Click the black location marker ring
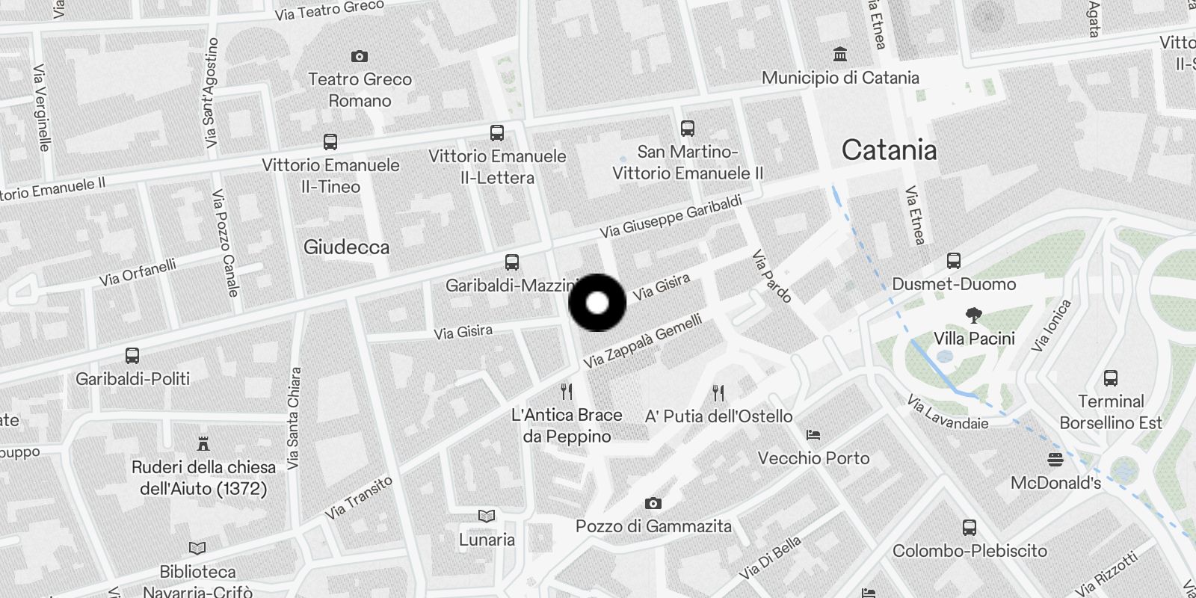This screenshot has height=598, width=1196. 597,303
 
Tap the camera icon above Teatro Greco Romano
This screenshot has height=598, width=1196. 360,56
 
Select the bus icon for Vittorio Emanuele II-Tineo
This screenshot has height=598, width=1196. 330,141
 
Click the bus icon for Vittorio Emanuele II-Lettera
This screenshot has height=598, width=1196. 497,133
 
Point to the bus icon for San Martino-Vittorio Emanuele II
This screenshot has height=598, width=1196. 688,129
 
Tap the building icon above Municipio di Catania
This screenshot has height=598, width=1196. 840,55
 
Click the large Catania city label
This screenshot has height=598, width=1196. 889,150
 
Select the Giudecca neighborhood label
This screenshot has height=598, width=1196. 346,247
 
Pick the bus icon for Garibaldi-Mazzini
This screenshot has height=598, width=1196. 512,262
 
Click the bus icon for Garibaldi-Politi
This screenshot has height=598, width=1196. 132,356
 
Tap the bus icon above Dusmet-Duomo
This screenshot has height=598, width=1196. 954,261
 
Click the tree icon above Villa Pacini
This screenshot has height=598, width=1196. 973,315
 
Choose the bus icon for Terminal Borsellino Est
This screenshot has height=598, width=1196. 1111,378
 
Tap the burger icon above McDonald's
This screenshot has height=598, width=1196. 1055,459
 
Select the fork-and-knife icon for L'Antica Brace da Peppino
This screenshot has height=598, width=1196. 567,392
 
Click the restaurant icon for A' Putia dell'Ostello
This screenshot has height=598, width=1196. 718,393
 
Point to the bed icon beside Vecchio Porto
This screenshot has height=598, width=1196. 813,435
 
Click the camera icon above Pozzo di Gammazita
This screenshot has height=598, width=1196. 653,503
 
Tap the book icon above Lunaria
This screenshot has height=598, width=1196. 487,516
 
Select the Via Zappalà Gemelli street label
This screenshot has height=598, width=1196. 643,342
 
